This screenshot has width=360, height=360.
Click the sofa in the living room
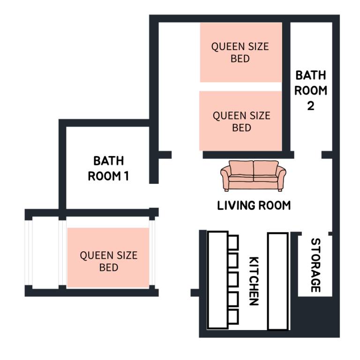click(253, 176)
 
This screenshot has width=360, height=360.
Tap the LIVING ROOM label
click(254, 205)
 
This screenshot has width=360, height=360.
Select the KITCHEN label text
click(254, 281)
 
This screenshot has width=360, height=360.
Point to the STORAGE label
click(315, 265)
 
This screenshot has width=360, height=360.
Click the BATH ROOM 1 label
click(108, 169)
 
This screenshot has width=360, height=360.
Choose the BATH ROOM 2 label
click(311, 90)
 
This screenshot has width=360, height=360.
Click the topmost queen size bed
click(241, 52)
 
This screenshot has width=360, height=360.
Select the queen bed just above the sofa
click(240, 121)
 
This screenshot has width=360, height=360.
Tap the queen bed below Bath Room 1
click(108, 258)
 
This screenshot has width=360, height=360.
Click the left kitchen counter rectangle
click(217, 280)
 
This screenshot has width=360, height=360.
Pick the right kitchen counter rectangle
click(277, 281)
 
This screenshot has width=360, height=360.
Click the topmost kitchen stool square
click(233, 242)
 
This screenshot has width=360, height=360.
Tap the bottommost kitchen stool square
click(233, 317)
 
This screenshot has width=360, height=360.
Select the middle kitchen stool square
click(233, 279)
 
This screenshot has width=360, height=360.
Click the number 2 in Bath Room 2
click(311, 106)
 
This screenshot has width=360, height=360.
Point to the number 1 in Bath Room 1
click(126, 176)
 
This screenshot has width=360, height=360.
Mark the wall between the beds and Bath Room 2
click(286, 87)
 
